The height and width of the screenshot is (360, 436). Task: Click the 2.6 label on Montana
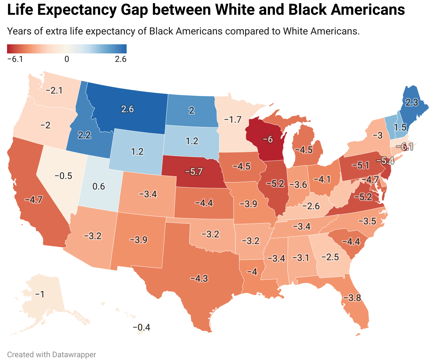[127, 109]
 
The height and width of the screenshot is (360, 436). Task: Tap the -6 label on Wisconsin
[268, 139]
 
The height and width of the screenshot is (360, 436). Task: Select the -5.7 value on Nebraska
[194, 172]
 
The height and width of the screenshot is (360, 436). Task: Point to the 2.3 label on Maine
[411, 102]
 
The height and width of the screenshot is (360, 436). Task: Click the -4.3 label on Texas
[199, 278]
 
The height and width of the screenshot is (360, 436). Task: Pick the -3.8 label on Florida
[352, 298]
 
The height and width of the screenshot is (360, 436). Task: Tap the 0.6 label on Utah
[98, 186]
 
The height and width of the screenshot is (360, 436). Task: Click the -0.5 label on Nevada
[63, 176]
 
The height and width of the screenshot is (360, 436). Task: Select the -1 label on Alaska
[40, 294]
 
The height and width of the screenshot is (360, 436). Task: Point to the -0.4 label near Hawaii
[141, 328]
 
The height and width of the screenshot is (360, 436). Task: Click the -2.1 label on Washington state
[54, 91]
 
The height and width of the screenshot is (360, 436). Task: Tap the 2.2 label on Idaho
[84, 135]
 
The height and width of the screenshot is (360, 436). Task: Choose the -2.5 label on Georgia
[330, 257]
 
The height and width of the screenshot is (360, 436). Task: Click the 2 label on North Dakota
[191, 110]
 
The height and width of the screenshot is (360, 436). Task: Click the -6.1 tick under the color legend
[15, 59]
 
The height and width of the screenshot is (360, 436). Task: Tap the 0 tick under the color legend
[67, 59]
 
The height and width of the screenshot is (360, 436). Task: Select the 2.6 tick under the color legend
[121, 59]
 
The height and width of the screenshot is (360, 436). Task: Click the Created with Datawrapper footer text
[52, 354]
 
